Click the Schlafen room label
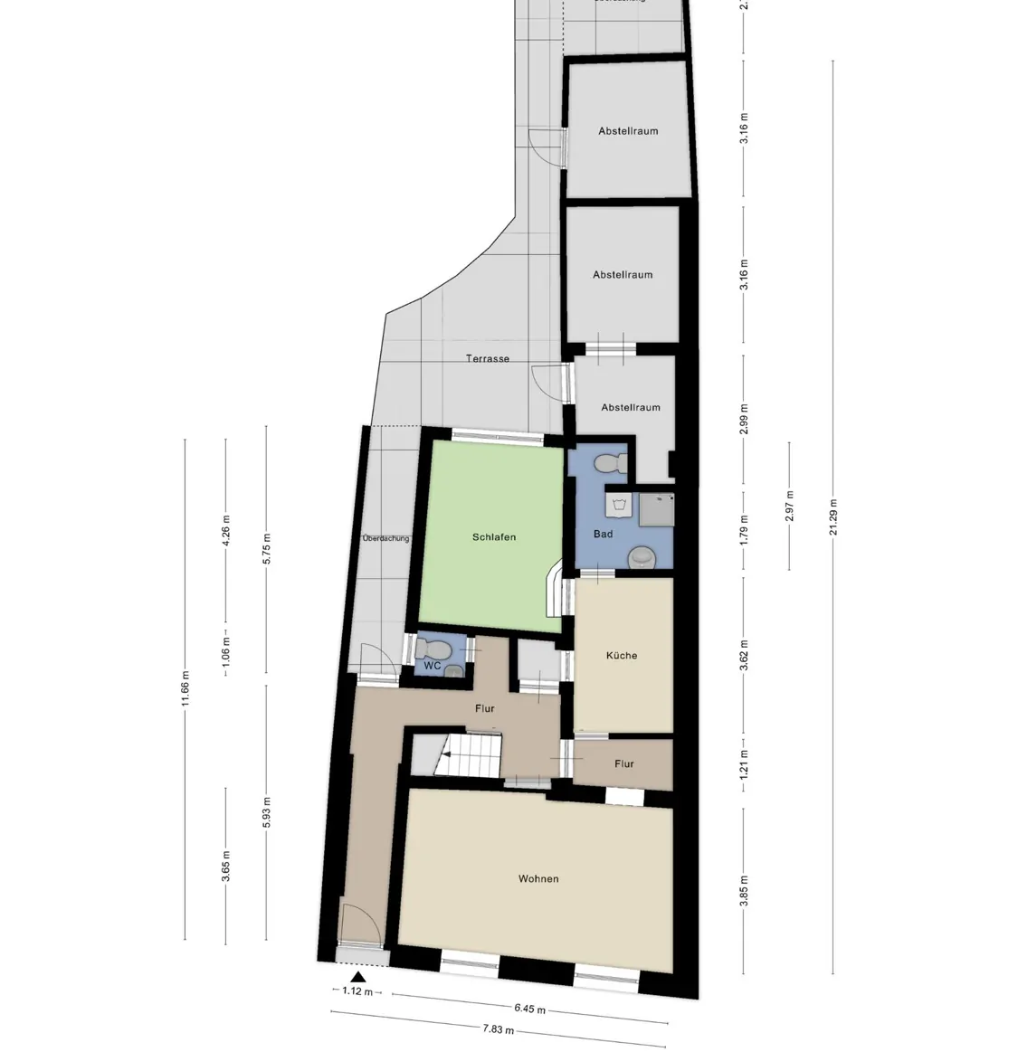(494, 537)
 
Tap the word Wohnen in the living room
(538, 879)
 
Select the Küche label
(622, 656)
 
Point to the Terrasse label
(488, 359)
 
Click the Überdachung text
(385, 539)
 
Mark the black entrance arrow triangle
(358, 977)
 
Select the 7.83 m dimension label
(498, 1029)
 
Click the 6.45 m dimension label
(529, 1009)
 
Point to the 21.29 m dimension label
(833, 517)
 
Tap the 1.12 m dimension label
(358, 992)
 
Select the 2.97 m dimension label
(789, 506)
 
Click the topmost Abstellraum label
(628, 131)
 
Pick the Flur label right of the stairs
(624, 764)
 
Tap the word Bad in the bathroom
(603, 535)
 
